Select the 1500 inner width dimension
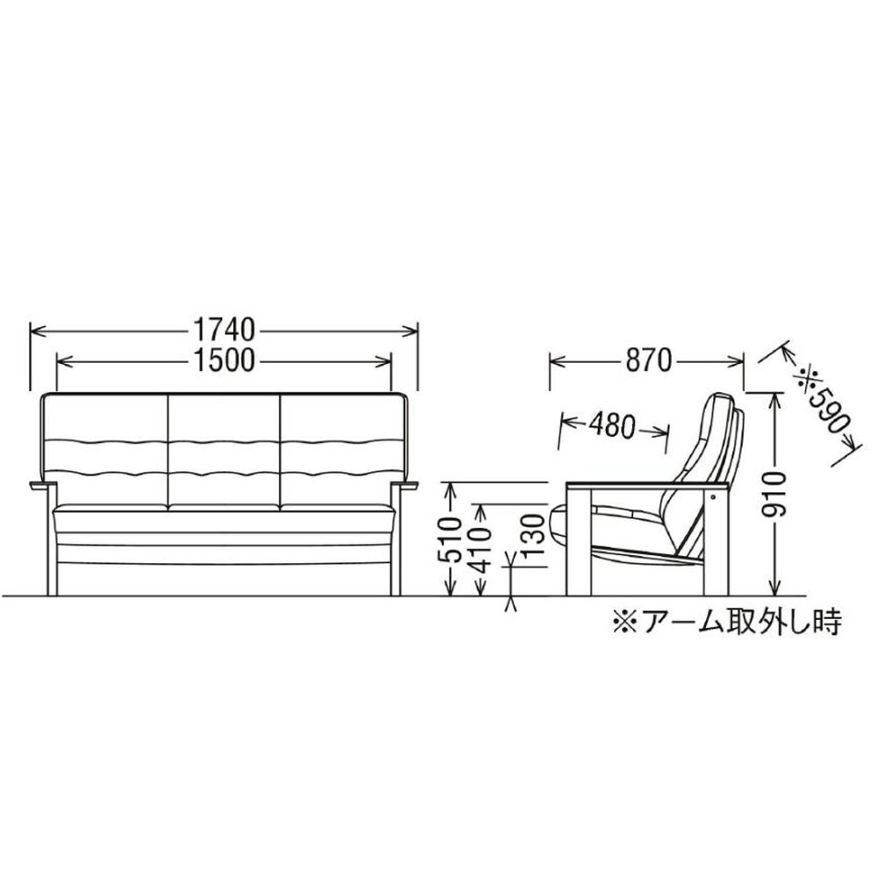point(224,360)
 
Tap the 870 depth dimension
point(648,360)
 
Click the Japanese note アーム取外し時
point(727,623)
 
